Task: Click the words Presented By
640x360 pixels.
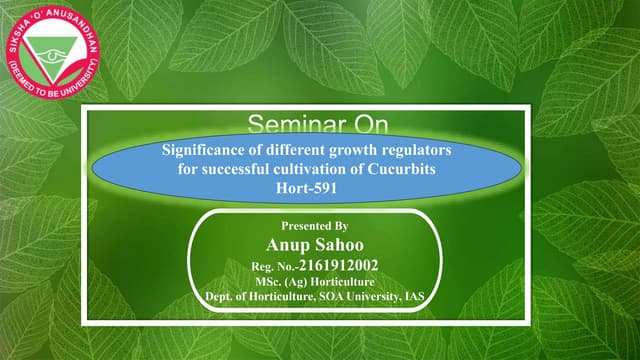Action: click(314, 227)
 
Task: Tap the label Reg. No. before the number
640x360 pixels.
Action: click(272, 267)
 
